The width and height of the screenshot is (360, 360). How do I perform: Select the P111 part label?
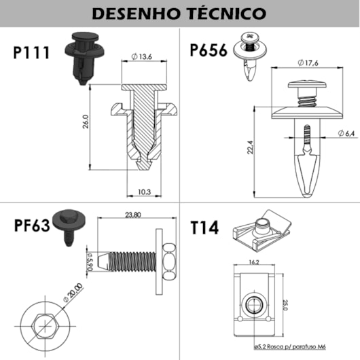point(32,53)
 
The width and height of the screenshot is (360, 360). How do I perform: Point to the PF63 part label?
point(32,224)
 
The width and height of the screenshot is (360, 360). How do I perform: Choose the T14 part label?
point(204,226)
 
